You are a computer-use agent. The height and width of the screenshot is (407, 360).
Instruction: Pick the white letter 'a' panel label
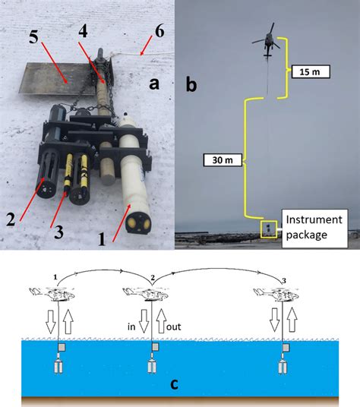point(154,84)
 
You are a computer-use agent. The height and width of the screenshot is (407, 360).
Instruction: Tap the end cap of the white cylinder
point(137,222)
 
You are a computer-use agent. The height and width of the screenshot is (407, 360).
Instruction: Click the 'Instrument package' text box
point(313,226)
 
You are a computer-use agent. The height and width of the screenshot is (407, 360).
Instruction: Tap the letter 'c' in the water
point(175,383)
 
